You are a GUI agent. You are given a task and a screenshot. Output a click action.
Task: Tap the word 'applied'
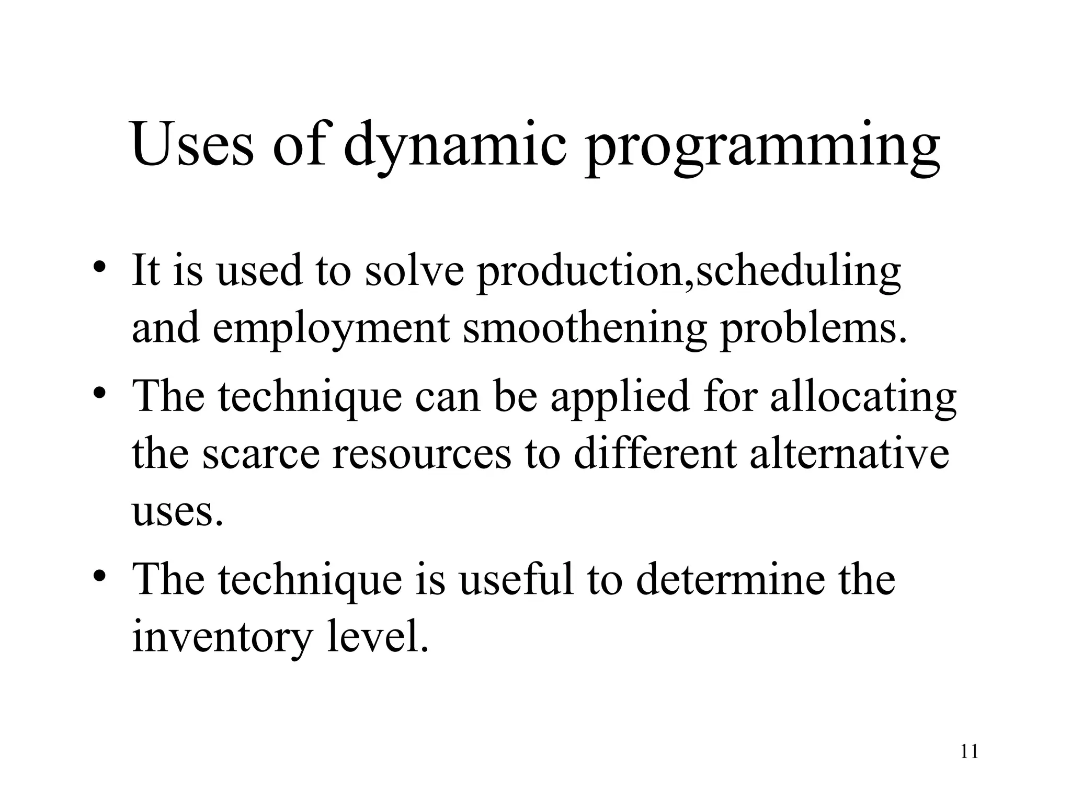click(619, 397)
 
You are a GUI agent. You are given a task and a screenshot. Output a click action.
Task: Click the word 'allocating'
click(863, 397)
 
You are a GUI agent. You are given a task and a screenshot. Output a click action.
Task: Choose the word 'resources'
click(421, 454)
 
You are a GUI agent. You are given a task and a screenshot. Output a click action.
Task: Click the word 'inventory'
click(222, 638)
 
